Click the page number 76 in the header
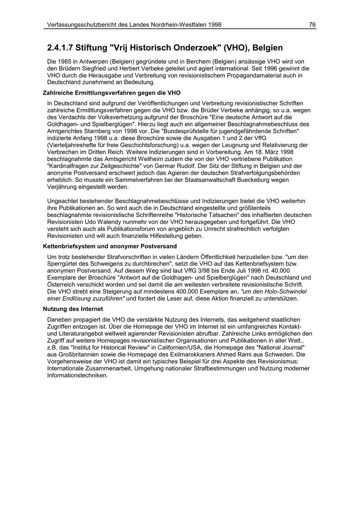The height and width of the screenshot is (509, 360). (x=312, y=25)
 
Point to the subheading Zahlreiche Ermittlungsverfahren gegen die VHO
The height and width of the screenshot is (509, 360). (x=112, y=93)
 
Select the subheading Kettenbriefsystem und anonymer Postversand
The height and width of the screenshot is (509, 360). (x=110, y=246)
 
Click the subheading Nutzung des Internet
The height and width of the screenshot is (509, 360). (x=73, y=309)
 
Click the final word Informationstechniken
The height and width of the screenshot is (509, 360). (x=77, y=375)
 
